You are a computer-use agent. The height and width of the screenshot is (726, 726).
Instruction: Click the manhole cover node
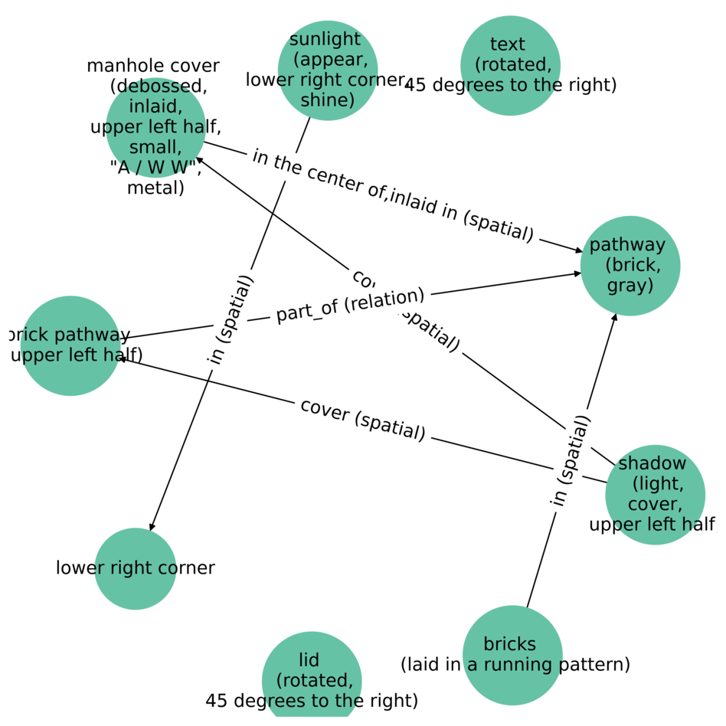(x=155, y=127)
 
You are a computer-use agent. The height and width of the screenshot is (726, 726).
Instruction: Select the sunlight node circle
(x=328, y=70)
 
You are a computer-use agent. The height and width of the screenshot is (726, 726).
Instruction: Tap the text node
(x=510, y=65)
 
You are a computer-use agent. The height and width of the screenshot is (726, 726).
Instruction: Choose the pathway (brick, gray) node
(x=630, y=266)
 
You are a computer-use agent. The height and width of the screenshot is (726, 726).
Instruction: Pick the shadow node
(x=655, y=495)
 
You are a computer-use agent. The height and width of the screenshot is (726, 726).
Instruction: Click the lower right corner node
(x=136, y=568)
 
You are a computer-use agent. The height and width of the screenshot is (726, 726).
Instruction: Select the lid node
(x=312, y=681)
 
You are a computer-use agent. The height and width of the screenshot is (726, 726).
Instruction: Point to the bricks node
(x=512, y=655)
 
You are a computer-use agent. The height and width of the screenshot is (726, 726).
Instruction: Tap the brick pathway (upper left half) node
(x=70, y=345)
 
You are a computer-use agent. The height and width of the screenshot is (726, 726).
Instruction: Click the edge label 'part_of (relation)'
(x=350, y=306)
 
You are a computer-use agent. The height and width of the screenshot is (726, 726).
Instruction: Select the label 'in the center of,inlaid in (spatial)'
(x=392, y=195)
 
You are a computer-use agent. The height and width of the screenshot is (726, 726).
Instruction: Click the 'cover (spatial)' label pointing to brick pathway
(x=362, y=420)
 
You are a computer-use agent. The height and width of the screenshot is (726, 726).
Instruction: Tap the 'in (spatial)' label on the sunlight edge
(x=231, y=319)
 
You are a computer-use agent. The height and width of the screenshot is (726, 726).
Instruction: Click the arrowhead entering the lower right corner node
(x=152, y=527)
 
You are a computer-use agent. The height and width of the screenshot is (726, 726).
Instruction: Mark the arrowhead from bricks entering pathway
(x=614, y=316)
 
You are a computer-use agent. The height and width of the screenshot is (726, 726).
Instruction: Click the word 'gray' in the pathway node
(x=630, y=286)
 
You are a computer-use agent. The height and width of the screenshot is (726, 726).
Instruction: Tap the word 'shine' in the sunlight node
(x=328, y=100)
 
